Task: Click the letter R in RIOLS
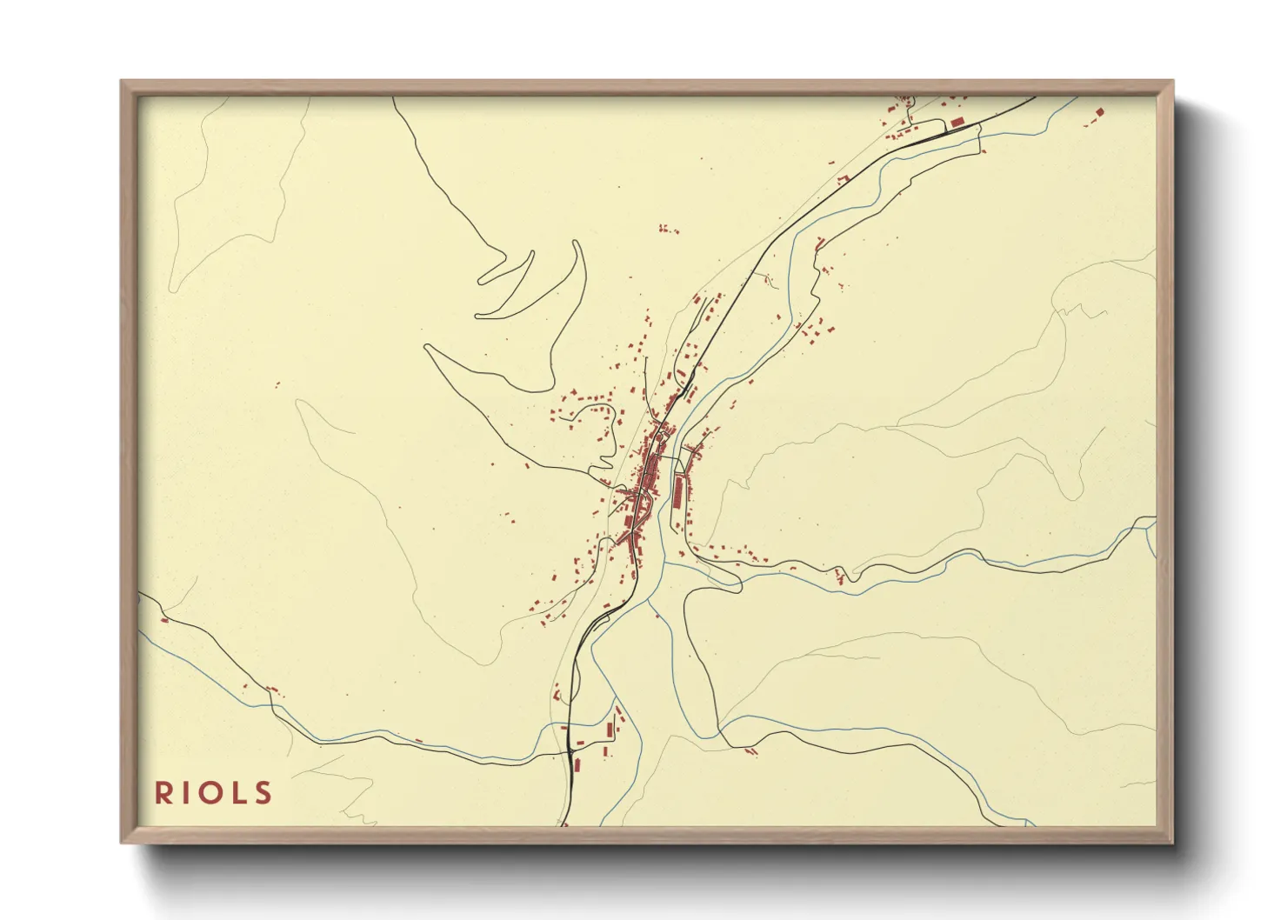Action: (163, 793)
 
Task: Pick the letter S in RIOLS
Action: (263, 793)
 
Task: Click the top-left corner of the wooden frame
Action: (122, 82)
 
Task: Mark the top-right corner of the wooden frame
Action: (1172, 82)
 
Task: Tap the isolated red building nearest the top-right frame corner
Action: (1099, 112)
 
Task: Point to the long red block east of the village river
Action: (678, 493)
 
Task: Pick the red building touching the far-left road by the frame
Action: (164, 620)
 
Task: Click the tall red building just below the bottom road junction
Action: (575, 763)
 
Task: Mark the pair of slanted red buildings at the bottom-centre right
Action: (752, 750)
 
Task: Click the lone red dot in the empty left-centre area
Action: (277, 384)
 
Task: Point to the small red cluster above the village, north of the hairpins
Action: (668, 230)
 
